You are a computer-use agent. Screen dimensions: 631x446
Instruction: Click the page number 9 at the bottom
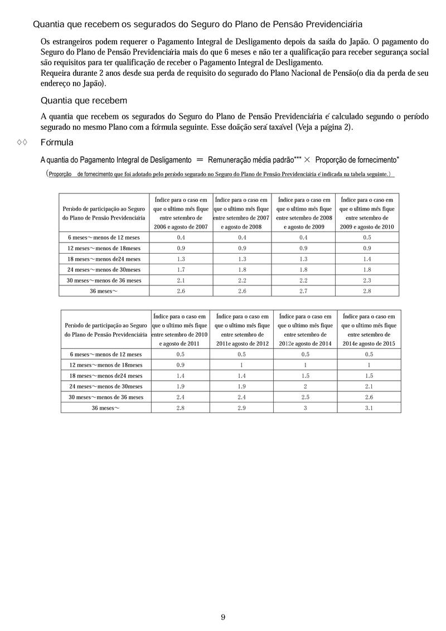pyautogui.click(x=223, y=617)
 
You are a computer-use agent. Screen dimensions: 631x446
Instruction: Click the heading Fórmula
pyautogui.click(x=57, y=143)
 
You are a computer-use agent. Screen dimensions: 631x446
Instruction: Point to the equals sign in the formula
pyautogui.click(x=200, y=159)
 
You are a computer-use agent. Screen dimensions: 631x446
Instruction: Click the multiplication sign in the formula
pyautogui.click(x=307, y=159)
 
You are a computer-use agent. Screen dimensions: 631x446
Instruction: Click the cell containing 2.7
pyautogui.click(x=304, y=291)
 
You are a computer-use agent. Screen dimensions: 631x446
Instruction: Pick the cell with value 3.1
pyautogui.click(x=369, y=407)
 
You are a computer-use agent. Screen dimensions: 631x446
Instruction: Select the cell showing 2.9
pyautogui.click(x=242, y=407)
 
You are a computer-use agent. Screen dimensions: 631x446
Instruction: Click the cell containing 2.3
pyautogui.click(x=367, y=280)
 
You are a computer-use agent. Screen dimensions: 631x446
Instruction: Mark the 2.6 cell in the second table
pyautogui.click(x=369, y=397)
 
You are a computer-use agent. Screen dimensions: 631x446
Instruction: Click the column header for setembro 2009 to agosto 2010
pyautogui.click(x=367, y=213)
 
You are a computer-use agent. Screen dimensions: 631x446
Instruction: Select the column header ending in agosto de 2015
pyautogui.click(x=369, y=329)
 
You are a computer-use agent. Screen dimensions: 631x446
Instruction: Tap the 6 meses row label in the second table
pyautogui.click(x=106, y=354)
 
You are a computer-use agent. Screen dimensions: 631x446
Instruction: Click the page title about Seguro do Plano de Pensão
pyautogui.click(x=198, y=25)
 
